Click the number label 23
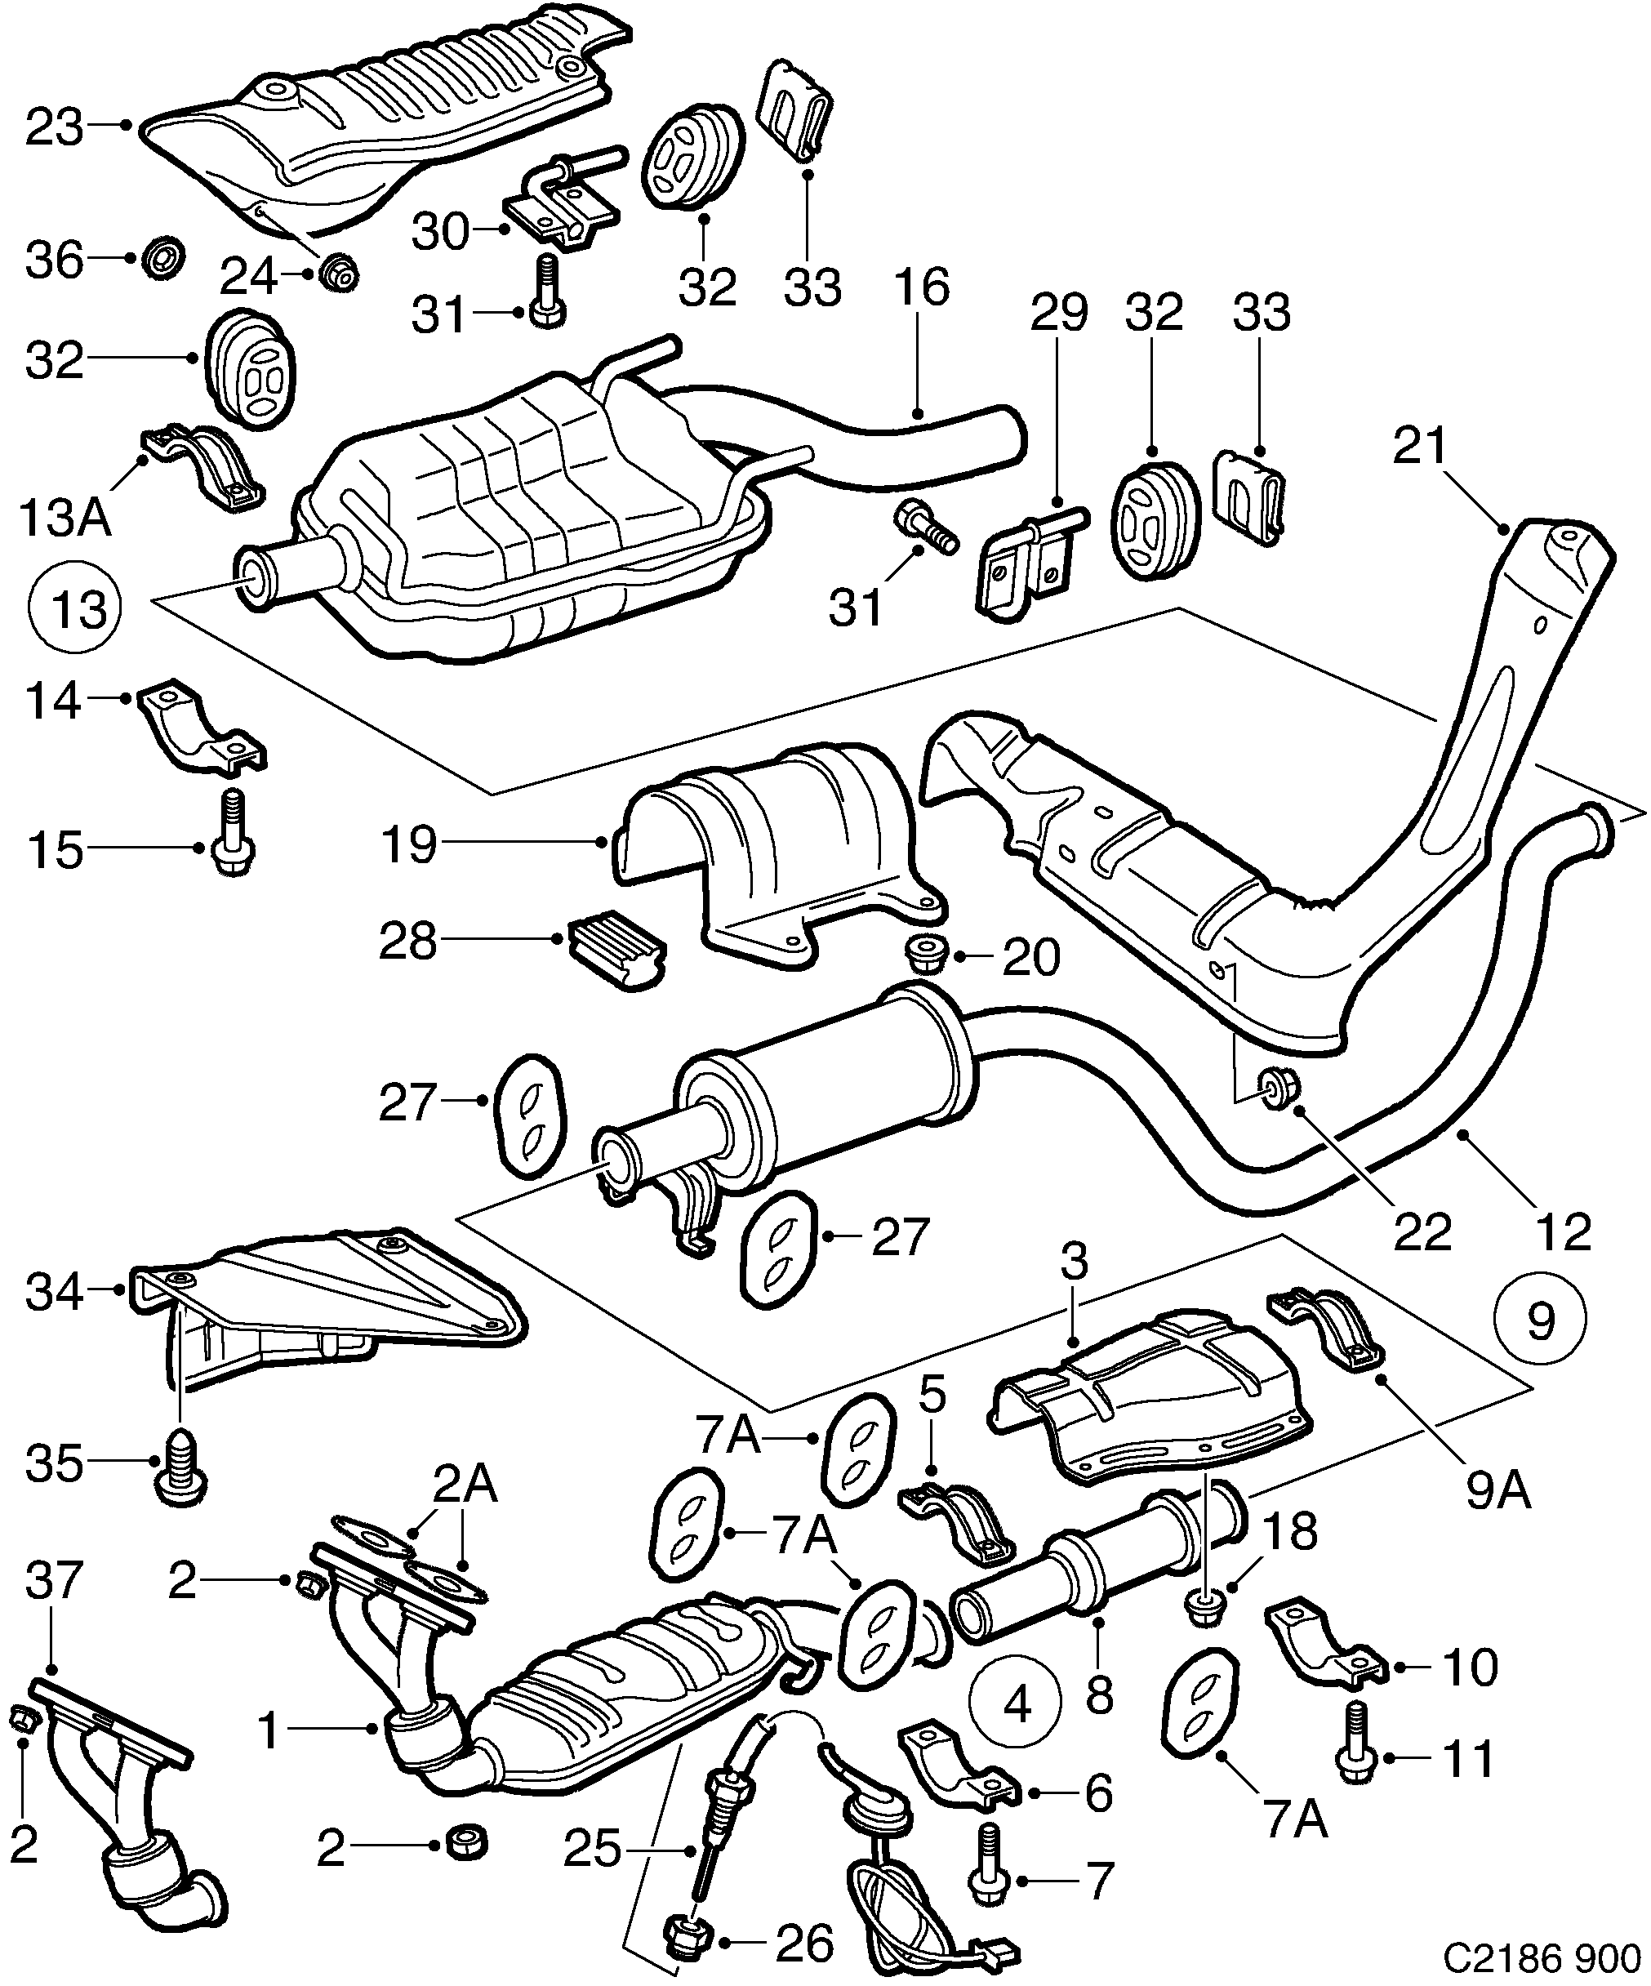pyautogui.click(x=54, y=127)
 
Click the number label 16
pyautogui.click(x=923, y=287)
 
